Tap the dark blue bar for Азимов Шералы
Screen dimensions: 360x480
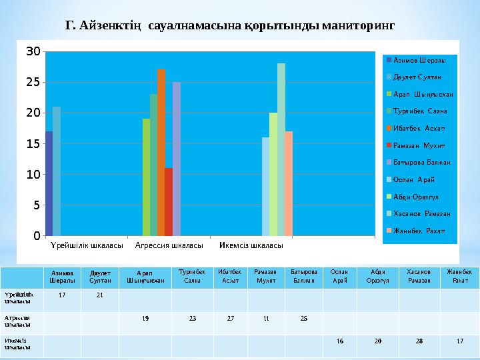coord(49,183)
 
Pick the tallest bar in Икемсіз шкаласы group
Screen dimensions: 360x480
coord(281,149)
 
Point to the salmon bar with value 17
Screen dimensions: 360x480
coord(289,183)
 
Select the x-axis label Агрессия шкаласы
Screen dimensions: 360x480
coord(169,245)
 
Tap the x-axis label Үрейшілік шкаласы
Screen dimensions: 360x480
coord(86,245)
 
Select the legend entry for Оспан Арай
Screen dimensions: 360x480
coord(414,179)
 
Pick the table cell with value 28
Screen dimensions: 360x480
coord(419,341)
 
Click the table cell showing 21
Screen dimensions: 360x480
coord(99,295)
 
